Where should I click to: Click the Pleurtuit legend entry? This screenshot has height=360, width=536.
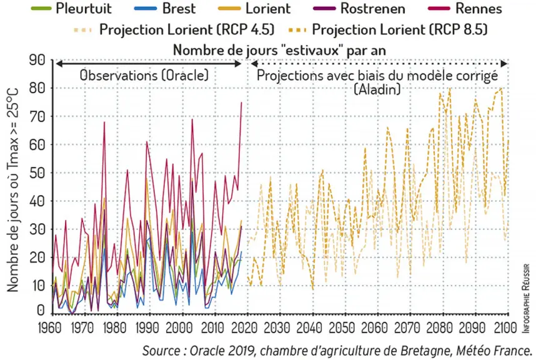[x=71, y=9]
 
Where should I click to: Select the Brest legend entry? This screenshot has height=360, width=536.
[x=165, y=9]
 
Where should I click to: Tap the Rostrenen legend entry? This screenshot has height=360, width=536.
[x=359, y=9]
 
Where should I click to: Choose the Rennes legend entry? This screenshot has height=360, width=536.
[x=465, y=9]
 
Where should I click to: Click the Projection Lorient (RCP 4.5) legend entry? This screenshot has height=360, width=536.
[x=174, y=29]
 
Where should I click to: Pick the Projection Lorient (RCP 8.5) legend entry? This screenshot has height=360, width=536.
[x=388, y=29]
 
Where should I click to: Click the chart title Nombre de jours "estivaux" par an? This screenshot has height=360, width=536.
[x=280, y=50]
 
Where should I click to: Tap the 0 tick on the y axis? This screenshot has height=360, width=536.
[x=41, y=311]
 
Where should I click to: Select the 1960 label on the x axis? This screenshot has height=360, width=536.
[x=50, y=328]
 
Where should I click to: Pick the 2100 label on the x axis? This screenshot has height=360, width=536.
[x=505, y=328]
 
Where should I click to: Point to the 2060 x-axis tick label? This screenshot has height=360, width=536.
[x=375, y=328]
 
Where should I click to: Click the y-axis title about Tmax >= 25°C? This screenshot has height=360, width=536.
[x=12, y=190]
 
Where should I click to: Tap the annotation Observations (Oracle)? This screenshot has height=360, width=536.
[x=144, y=75]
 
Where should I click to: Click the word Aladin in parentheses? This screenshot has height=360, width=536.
[x=377, y=89]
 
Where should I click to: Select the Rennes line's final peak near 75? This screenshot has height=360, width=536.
[x=241, y=102]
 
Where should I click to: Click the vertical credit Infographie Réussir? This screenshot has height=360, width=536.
[x=526, y=297]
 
